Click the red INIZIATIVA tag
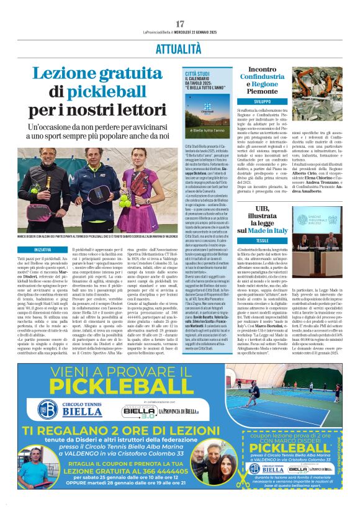click(43, 249)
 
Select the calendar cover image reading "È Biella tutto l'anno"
click(206, 114)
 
